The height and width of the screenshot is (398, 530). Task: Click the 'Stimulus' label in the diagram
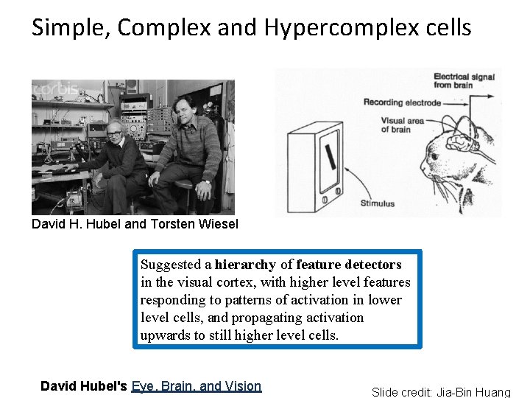click(x=377, y=203)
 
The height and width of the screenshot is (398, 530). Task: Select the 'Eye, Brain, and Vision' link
click(x=197, y=385)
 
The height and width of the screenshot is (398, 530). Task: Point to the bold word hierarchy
click(x=245, y=265)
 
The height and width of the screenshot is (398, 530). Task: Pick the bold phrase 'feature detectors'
click(x=349, y=265)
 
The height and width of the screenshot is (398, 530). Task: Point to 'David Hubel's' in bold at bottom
click(x=84, y=385)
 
